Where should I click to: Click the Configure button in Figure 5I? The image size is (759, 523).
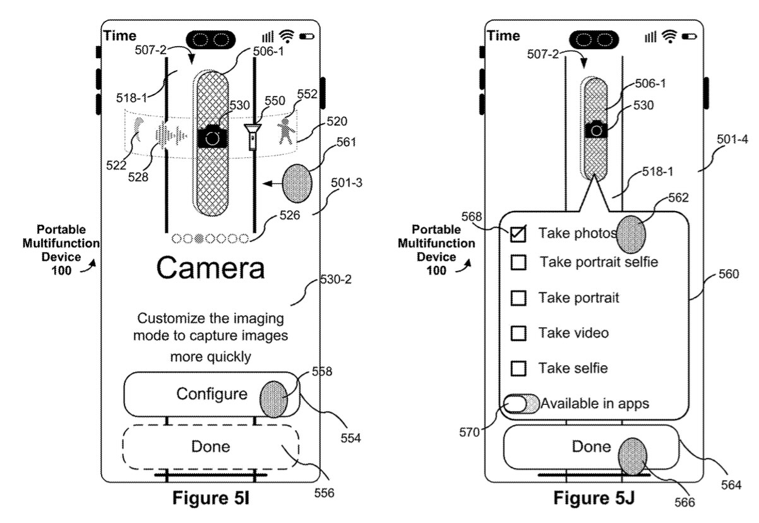212,394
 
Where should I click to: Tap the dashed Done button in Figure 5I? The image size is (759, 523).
211,447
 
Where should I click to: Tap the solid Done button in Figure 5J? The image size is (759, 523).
591,447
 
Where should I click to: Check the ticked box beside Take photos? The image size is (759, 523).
518,234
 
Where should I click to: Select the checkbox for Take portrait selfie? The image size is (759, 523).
518,262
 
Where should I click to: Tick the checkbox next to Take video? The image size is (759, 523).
518,333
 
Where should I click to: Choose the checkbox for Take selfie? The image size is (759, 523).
518,368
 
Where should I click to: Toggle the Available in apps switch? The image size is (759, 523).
521,404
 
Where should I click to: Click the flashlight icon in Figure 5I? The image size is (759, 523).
253,137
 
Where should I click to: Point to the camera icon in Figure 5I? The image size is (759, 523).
212,136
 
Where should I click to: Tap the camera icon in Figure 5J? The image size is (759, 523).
596,129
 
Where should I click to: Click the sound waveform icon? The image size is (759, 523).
170,136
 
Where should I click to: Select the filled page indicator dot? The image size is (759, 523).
199,239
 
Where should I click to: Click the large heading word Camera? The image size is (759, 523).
210,268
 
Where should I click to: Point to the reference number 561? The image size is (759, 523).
346,142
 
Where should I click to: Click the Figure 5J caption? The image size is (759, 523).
594,498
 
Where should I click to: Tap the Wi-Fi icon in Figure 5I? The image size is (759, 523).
287,36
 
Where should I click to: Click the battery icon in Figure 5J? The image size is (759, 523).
689,36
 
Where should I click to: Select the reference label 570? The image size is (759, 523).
469,432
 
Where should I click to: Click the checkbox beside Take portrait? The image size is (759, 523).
518,298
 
